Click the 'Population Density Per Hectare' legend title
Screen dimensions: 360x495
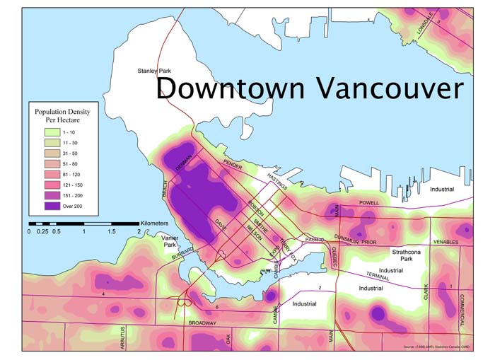[66, 115]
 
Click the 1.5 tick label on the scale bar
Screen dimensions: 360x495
[111, 232]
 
